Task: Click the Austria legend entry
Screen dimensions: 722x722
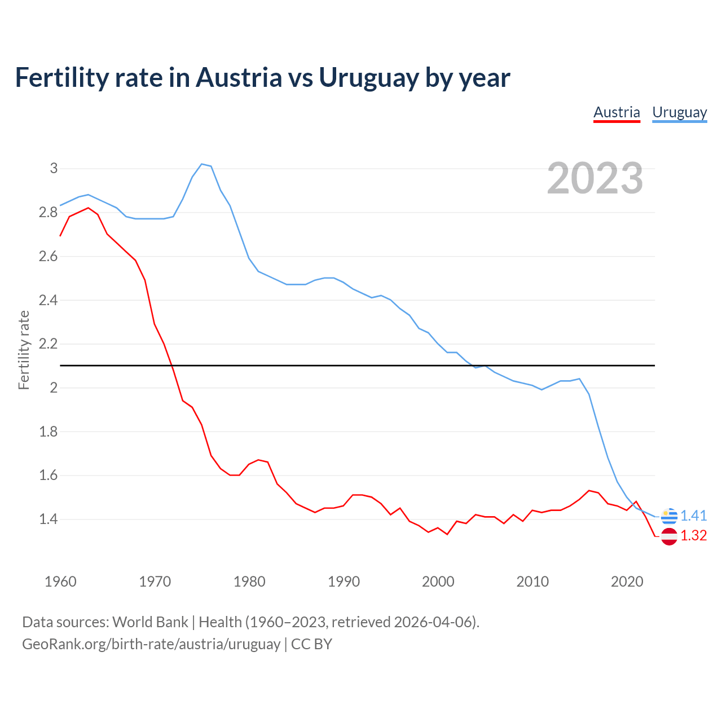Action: pos(617,112)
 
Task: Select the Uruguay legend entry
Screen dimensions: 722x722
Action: pos(679,112)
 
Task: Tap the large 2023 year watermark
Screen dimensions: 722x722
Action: pos(595,178)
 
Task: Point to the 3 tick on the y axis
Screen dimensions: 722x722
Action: pos(54,168)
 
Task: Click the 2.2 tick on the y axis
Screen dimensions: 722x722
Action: pos(49,344)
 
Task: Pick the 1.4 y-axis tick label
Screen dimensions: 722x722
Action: pos(49,519)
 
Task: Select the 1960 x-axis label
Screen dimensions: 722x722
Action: pos(60,582)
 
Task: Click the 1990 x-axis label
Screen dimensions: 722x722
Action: pos(344,582)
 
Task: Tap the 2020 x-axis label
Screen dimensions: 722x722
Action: pos(627,582)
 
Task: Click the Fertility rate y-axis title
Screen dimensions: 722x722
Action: pos(24,350)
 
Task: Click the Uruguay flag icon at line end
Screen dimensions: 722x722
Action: pos(669,516)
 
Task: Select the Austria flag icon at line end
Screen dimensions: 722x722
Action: pos(669,536)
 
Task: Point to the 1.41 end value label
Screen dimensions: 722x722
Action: pos(693,516)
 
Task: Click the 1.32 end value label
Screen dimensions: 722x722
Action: pos(693,536)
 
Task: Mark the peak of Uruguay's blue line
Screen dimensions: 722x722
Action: pos(202,164)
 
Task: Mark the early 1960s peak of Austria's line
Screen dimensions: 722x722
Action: pos(88,208)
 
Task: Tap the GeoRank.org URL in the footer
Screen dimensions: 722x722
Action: pos(151,644)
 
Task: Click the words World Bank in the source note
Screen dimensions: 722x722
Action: pos(150,622)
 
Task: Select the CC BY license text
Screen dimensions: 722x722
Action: pos(311,644)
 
